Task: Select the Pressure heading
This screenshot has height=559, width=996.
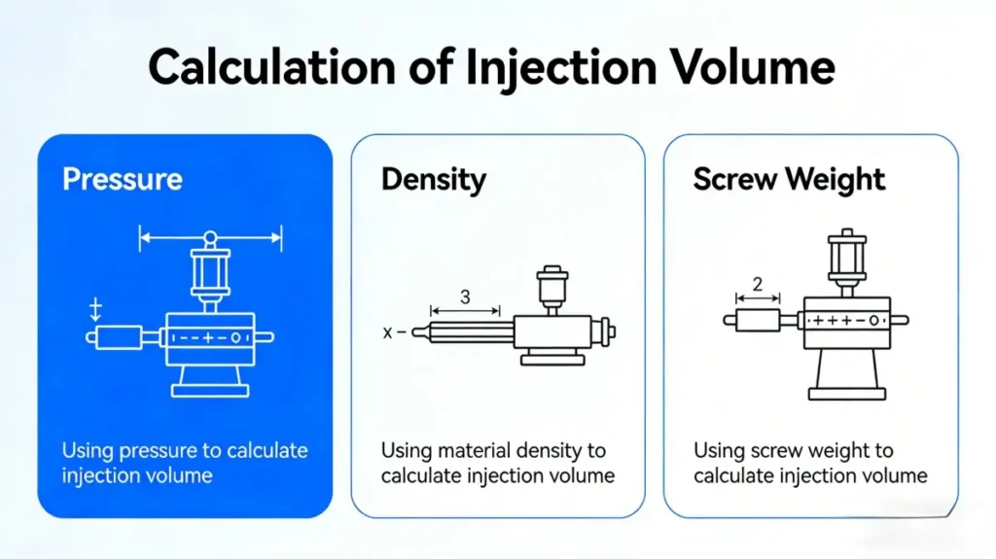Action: pos(122,180)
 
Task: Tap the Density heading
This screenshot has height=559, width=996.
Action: pos(434,180)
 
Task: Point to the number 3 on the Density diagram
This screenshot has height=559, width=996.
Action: pos(464,297)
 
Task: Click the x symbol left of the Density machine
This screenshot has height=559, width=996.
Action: pos(388,332)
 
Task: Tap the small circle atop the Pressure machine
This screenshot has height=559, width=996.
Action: pos(209,238)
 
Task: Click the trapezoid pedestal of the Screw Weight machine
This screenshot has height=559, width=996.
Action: pos(846,374)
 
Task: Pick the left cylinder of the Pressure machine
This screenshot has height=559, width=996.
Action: pos(117,336)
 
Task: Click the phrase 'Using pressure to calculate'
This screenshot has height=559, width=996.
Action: pos(185,451)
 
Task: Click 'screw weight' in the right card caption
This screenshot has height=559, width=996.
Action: pos(808,451)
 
